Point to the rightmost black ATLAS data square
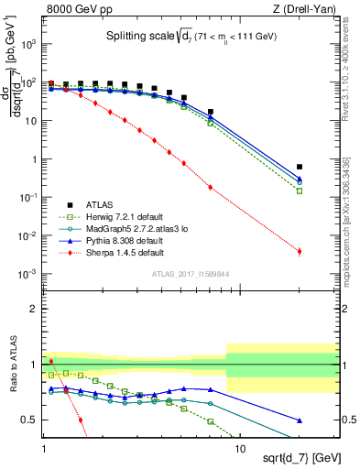(x=300, y=167)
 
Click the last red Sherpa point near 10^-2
(x=300, y=251)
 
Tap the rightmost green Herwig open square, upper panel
(x=300, y=191)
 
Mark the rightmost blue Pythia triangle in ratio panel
(x=300, y=420)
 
